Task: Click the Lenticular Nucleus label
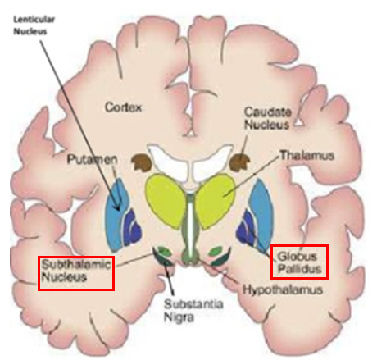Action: coord(34,25)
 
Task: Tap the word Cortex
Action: coord(123,107)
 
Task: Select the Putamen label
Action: coord(92,159)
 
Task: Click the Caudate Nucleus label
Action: coord(267,118)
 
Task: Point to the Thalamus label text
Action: coord(307,156)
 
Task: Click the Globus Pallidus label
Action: coord(299,262)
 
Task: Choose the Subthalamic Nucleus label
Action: coord(76,271)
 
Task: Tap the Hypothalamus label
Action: coord(283,289)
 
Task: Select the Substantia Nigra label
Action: coord(193,311)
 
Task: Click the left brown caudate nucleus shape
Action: coord(141,162)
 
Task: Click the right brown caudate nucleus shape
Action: coord(239,162)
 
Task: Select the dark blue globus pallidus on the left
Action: coord(133,227)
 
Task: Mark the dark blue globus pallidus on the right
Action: coord(248,227)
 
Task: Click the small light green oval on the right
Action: coord(216,251)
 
